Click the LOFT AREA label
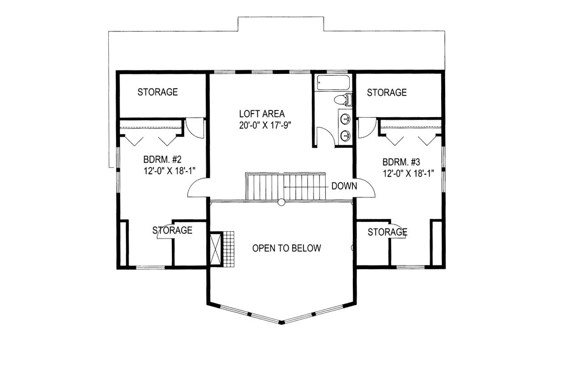261,114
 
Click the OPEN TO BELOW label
286,248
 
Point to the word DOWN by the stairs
344,186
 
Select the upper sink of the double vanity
345,119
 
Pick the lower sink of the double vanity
345,135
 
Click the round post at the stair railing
281,202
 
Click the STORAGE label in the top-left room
157,92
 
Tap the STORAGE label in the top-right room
386,93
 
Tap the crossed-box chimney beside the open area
216,249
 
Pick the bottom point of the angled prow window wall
281,322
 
